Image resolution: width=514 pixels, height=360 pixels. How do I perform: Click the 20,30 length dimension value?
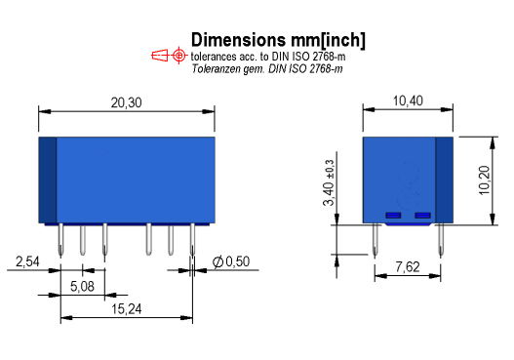pos(126,103)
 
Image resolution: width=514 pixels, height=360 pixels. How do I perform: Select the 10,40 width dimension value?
pos(408,101)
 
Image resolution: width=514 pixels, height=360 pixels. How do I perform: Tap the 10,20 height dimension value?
pos(484,180)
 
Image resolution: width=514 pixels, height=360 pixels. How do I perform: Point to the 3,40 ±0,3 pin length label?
pos(329,182)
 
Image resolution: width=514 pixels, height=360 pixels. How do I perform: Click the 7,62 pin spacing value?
pos(408,267)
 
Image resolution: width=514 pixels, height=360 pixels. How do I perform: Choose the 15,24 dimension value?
pos(127,309)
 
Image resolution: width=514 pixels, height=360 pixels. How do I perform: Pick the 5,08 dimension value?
pos(82,287)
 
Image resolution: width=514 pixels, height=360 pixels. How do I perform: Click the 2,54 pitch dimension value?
pos(27,262)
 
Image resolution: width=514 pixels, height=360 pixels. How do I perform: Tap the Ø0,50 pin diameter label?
pos(231,261)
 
